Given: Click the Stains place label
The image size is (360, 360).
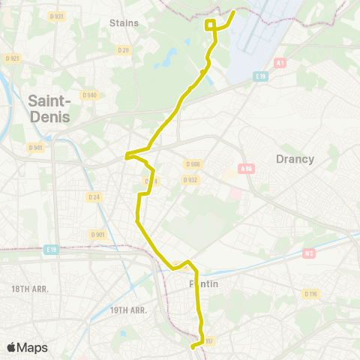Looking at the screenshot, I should [x=124, y=22].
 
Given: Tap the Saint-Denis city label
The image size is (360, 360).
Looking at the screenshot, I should [x=49, y=109].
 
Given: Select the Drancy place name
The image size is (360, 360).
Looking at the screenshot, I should [x=295, y=159].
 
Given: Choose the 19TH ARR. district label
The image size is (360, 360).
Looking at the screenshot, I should [x=130, y=310].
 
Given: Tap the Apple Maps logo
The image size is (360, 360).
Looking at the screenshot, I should [x=27, y=347].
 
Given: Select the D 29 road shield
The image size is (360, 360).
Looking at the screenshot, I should [x=123, y=50].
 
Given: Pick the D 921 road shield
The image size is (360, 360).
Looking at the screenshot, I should [x=11, y=58].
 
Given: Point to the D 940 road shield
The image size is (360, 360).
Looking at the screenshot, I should [x=90, y=95].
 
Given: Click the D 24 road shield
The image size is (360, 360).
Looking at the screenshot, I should [x=94, y=197].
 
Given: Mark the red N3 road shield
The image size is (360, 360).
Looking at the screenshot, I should [x=308, y=254].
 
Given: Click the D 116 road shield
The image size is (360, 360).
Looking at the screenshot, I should [x=311, y=293].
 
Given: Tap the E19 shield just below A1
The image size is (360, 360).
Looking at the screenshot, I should [x=260, y=76].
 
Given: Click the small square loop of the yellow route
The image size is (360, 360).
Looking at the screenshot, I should [x=211, y=25].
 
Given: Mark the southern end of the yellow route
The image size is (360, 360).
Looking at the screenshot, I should [x=193, y=346].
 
